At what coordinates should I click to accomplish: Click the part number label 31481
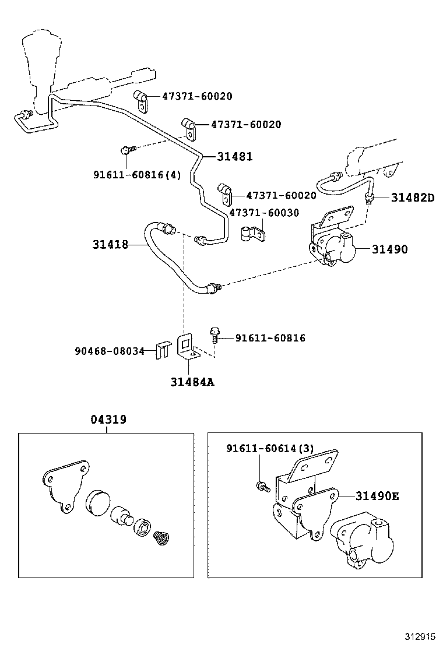coord(234,156)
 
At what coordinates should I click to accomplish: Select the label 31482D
coord(412,198)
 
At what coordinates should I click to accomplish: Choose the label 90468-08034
coord(109,351)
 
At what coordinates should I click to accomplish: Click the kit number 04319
coord(108,420)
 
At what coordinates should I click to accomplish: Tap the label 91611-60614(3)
coord(270,448)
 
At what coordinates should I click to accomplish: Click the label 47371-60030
coord(263,213)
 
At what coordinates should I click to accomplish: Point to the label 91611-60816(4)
coord(137,174)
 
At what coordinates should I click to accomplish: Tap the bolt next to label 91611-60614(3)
coord(262,485)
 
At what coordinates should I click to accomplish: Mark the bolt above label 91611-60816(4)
coord(126,150)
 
